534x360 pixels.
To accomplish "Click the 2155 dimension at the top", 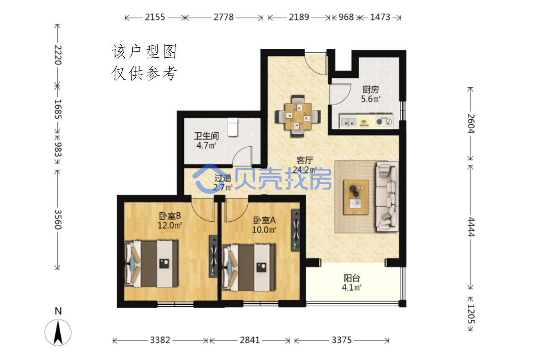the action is (155, 17).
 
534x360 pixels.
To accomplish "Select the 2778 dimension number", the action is (224, 17).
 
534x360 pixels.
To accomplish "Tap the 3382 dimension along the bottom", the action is (160, 340).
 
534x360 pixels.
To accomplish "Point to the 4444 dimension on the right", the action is (470, 227).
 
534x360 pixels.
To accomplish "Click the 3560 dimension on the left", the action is (58, 220).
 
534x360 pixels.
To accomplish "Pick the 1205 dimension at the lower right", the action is (470, 314).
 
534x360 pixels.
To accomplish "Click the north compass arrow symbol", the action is (58, 332).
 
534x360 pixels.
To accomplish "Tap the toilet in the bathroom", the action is (233, 127).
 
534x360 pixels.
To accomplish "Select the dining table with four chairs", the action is (298, 116).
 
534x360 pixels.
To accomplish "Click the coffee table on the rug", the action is (356, 197).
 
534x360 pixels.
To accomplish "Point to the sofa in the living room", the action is (387, 197).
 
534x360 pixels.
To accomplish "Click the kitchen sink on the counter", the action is (348, 121).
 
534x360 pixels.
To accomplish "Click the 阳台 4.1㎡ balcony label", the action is (352, 283).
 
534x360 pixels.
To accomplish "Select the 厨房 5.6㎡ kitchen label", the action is (370, 94).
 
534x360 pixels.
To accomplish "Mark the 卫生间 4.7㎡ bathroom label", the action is (206, 141).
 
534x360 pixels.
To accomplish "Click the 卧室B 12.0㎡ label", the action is (170, 220).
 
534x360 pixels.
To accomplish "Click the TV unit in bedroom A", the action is (296, 230).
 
